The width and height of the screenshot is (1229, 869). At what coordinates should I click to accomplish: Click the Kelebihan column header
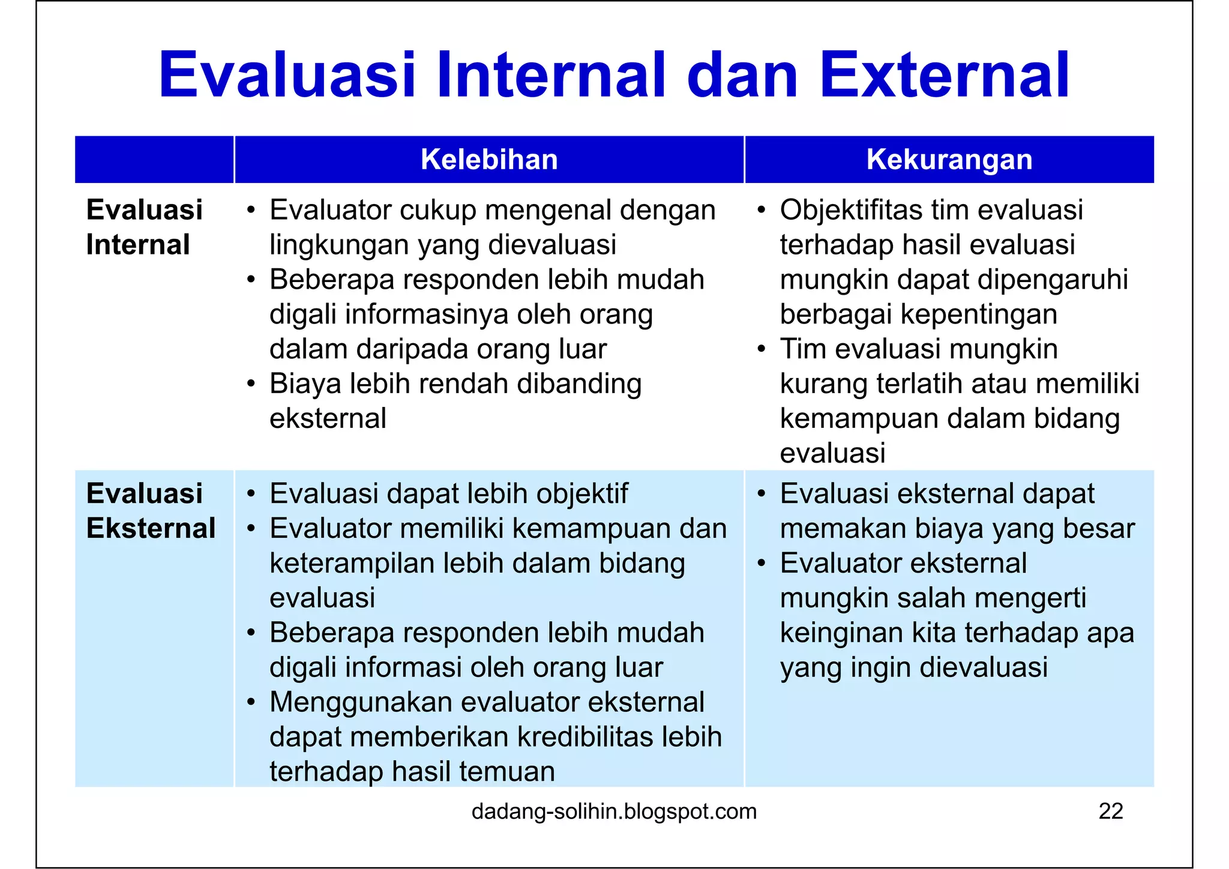(489, 160)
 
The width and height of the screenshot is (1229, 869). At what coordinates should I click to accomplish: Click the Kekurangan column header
(949, 160)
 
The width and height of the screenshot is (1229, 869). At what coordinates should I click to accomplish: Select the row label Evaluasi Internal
(144, 227)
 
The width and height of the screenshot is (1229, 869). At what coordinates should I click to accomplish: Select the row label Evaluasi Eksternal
(151, 511)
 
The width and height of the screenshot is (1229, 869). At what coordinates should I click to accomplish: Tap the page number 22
(1110, 811)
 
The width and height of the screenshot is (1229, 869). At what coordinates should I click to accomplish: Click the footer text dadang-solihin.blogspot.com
(614, 811)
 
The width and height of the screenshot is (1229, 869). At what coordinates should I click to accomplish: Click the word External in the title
(944, 76)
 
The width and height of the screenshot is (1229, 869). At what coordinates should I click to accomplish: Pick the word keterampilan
(352, 564)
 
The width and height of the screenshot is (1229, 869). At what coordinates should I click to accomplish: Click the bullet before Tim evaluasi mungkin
(761, 349)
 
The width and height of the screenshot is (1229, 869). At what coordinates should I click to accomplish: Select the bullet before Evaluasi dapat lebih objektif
(251, 495)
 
